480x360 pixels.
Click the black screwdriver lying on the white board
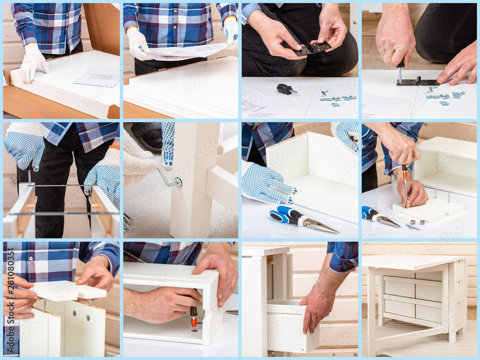click(x=285, y=89)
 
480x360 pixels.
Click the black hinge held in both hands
click(x=312, y=48)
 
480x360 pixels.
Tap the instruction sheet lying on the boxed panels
click(x=97, y=77)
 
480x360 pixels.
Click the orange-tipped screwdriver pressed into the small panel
click(x=406, y=185)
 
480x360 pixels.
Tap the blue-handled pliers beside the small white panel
click(x=379, y=216)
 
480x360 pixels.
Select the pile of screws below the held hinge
click(x=336, y=99)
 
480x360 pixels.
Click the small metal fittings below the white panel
click(x=415, y=225)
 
